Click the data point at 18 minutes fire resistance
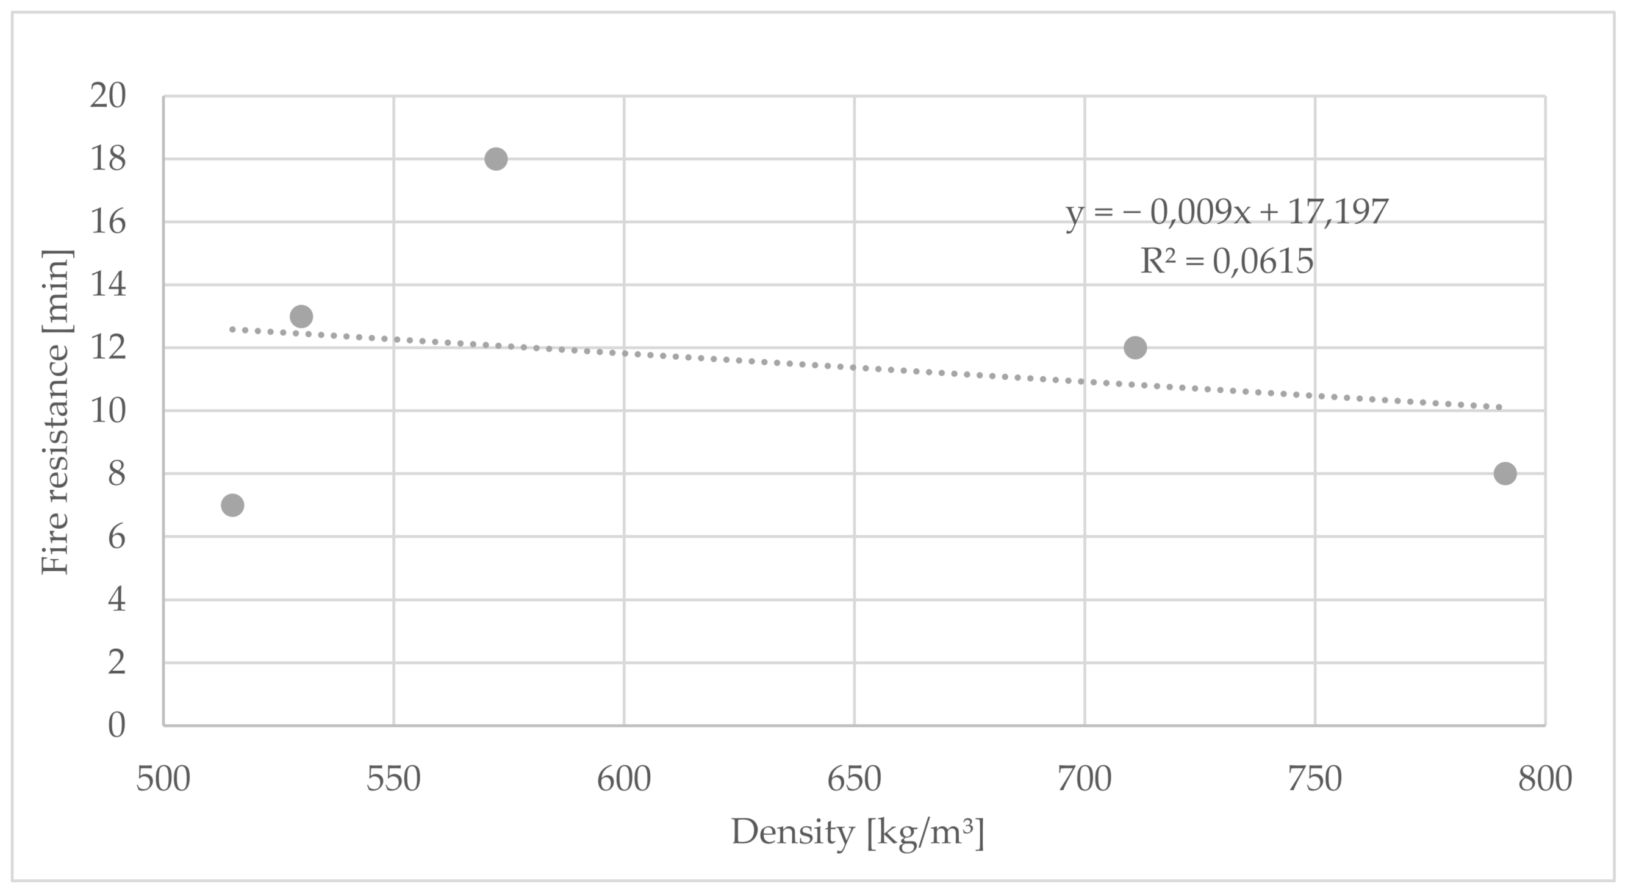[496, 159]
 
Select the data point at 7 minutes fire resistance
[232, 505]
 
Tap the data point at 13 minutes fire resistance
[301, 316]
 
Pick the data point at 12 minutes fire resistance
[1135, 348]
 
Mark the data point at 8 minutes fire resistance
[1505, 473]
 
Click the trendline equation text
[1227, 212]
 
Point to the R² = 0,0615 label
[1227, 262]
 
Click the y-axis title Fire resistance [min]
[56, 412]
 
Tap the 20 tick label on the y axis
[108, 97]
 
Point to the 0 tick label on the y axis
[117, 725]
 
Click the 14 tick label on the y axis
[108, 285]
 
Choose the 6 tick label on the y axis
[117, 537]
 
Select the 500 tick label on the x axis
[163, 779]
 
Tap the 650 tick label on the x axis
[855, 779]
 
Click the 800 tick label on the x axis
[1545, 779]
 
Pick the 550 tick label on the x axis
[393, 779]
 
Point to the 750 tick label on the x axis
[1315, 779]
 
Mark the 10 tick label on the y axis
[108, 411]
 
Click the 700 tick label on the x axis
[1085, 779]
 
